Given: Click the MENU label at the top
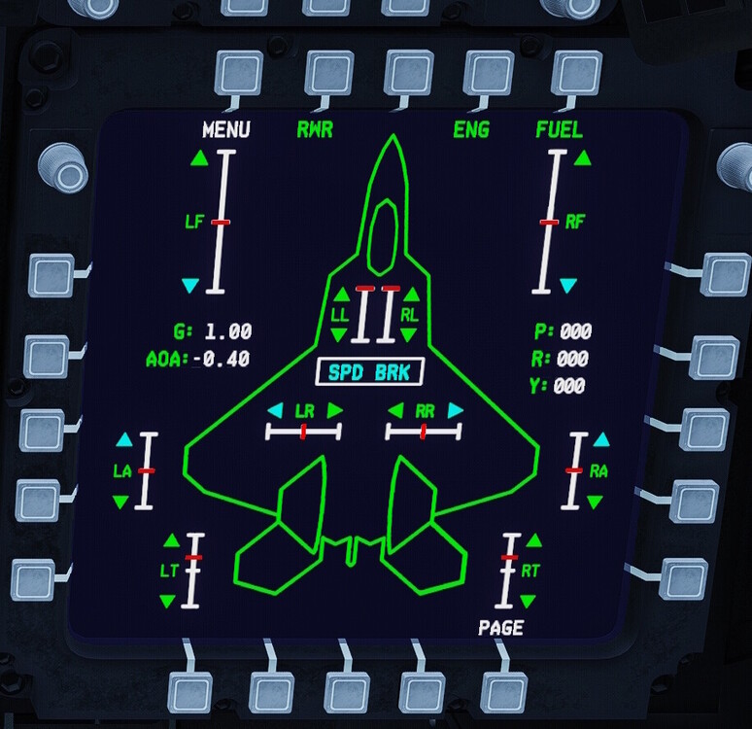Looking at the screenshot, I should (x=225, y=130).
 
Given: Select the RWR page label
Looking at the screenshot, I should (x=314, y=130).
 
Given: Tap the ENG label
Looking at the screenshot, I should (x=471, y=130).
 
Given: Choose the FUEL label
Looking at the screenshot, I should (x=559, y=130).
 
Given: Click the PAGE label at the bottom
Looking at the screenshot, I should (x=500, y=628).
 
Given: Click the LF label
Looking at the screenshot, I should (x=194, y=222).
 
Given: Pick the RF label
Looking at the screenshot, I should (x=575, y=222).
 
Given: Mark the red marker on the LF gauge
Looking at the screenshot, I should (x=221, y=223).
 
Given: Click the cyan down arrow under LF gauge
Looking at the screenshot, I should (x=190, y=286).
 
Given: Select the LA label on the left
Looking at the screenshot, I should (x=121, y=471).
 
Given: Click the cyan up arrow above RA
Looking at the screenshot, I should (x=599, y=440).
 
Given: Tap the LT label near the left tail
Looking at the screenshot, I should (x=169, y=571).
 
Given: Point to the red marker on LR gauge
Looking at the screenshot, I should (x=303, y=431).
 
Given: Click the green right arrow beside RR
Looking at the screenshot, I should (x=455, y=411).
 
